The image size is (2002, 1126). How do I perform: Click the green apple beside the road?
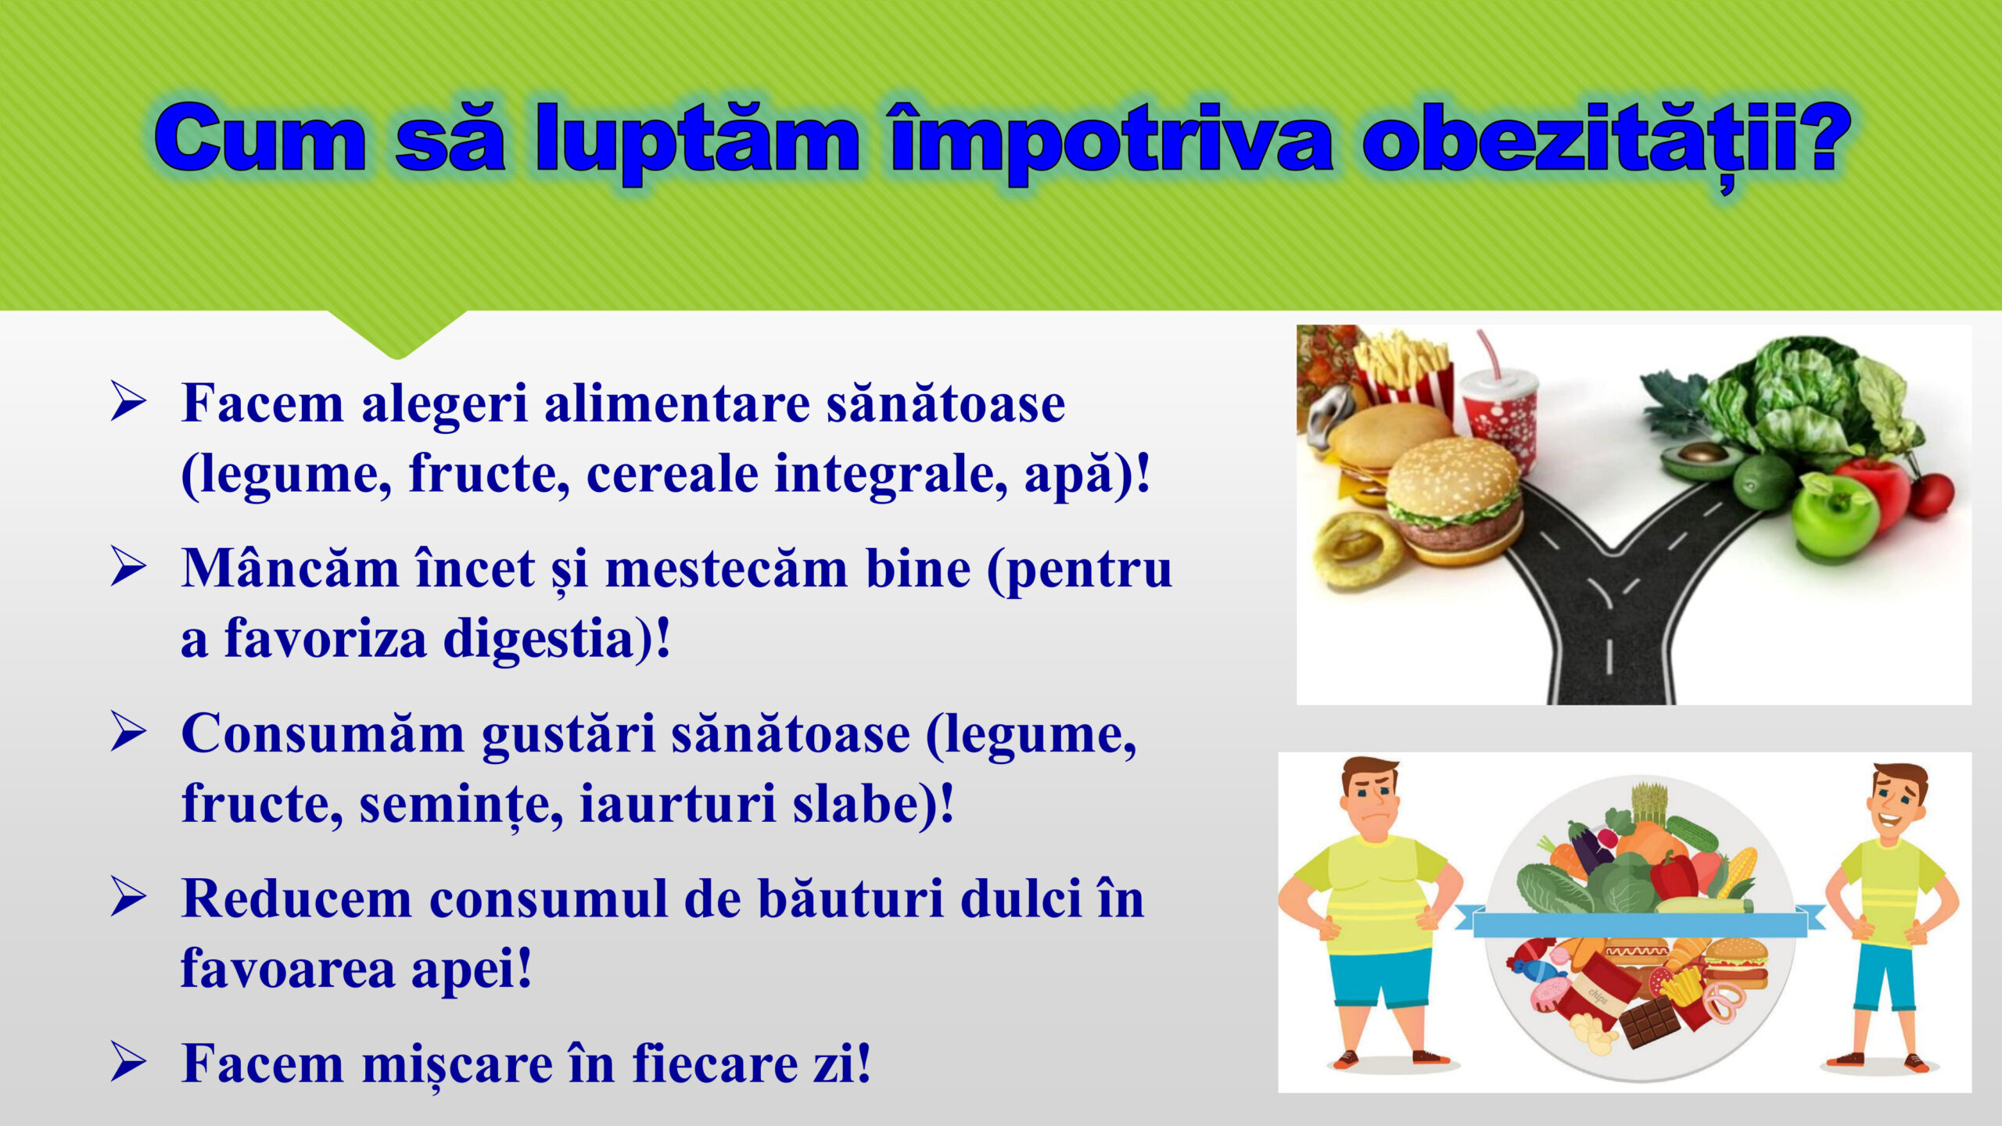(1834, 516)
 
